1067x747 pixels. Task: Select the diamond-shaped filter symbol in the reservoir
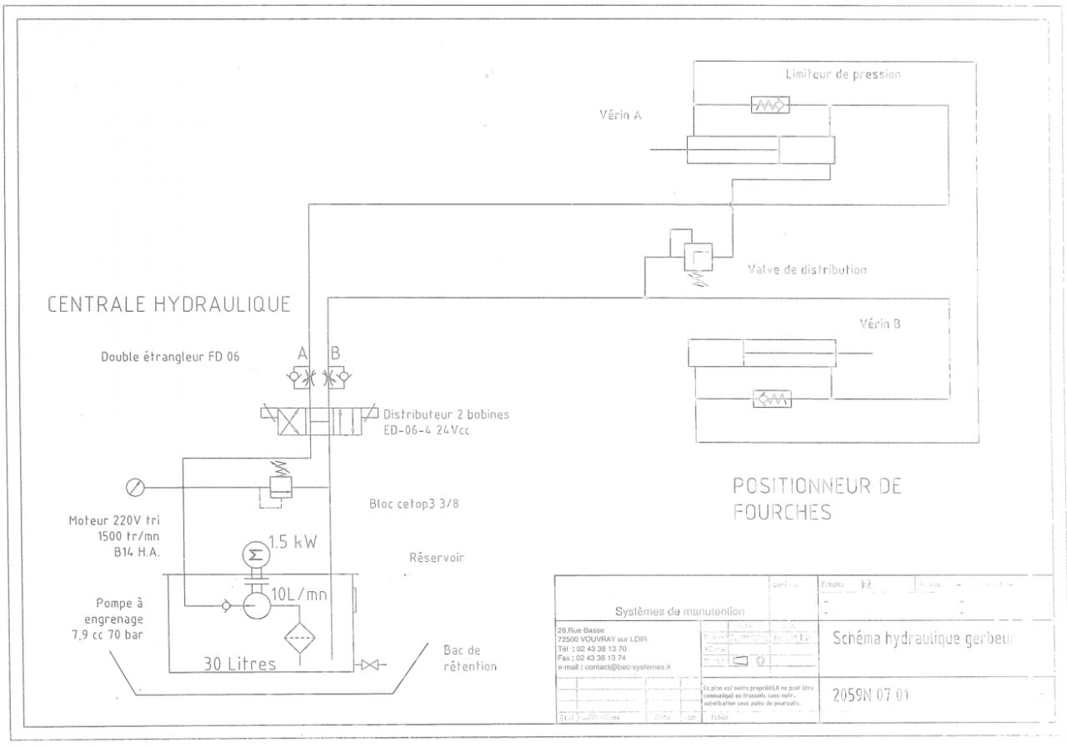pos(302,639)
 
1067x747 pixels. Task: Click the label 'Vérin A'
pos(620,116)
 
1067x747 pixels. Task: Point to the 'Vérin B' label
pos(879,324)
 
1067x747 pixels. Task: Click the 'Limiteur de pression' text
pos(843,74)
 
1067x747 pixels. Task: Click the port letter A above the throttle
pos(303,353)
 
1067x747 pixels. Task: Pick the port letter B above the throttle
pos(335,353)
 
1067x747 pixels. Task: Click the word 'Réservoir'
pos(436,558)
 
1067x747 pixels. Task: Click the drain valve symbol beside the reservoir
pos(368,665)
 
